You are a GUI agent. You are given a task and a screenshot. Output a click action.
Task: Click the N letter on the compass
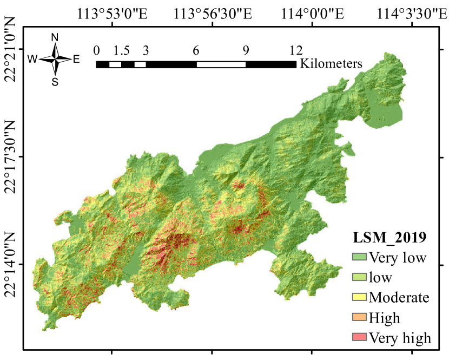[x=55, y=37]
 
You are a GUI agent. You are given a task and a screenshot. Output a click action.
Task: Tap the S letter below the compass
[x=55, y=82]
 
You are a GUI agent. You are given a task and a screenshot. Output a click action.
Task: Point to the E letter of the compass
[x=76, y=60]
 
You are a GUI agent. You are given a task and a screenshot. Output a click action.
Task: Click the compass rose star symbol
[x=55, y=59]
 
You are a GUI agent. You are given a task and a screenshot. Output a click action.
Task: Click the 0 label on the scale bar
[x=96, y=51]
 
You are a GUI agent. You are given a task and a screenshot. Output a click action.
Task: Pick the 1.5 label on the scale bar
[x=122, y=51]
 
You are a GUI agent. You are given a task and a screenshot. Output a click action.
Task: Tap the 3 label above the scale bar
[x=146, y=51]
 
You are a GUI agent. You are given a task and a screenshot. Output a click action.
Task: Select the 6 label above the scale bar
[x=196, y=51]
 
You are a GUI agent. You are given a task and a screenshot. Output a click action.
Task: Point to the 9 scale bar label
[x=246, y=51]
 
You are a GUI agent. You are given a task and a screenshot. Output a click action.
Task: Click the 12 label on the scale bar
[x=295, y=51]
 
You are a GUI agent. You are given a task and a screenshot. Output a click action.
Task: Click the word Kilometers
[x=331, y=63]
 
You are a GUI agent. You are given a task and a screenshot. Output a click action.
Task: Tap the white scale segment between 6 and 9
[x=221, y=64]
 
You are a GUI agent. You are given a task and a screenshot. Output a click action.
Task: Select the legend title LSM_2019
[x=389, y=238]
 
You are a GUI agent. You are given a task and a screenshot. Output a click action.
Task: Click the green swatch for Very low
[x=359, y=257]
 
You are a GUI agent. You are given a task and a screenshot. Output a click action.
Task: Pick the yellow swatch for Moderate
[x=359, y=297]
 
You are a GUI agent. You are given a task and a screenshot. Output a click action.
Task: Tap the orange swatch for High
[x=359, y=317]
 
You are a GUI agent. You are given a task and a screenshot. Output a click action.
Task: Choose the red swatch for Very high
[x=359, y=337]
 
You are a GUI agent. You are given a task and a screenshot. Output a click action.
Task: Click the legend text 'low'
[x=380, y=278]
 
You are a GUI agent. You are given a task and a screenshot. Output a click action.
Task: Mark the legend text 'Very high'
[x=400, y=338]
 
